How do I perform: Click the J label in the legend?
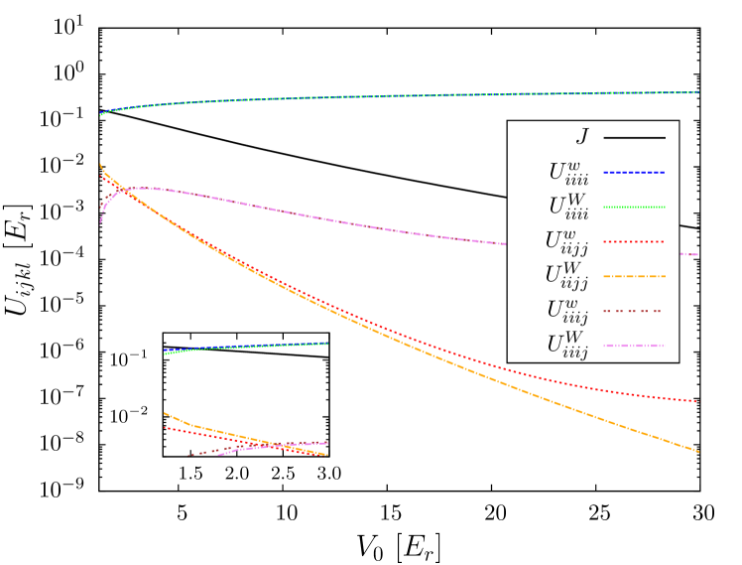(x=581, y=137)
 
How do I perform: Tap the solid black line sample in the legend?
(x=634, y=137)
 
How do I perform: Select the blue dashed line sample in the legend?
(x=634, y=172)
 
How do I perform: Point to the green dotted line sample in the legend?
(x=634, y=207)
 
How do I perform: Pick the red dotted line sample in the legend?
(x=634, y=241)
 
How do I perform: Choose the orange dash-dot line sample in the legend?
(x=634, y=276)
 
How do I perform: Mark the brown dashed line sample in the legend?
(x=634, y=311)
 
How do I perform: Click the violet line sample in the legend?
(x=634, y=346)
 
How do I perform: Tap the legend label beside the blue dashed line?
(x=568, y=173)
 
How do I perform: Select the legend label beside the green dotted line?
(x=568, y=207)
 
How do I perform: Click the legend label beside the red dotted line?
(x=566, y=241)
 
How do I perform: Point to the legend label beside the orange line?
(x=566, y=276)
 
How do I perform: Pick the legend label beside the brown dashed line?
(x=567, y=311)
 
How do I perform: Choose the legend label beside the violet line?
(x=567, y=346)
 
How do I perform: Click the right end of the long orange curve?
(x=698, y=452)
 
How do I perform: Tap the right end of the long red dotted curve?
(x=696, y=401)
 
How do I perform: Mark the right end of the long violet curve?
(x=697, y=254)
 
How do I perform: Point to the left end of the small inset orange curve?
(x=165, y=412)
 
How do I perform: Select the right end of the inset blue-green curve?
(x=327, y=344)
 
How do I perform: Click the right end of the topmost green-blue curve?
(x=698, y=92)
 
